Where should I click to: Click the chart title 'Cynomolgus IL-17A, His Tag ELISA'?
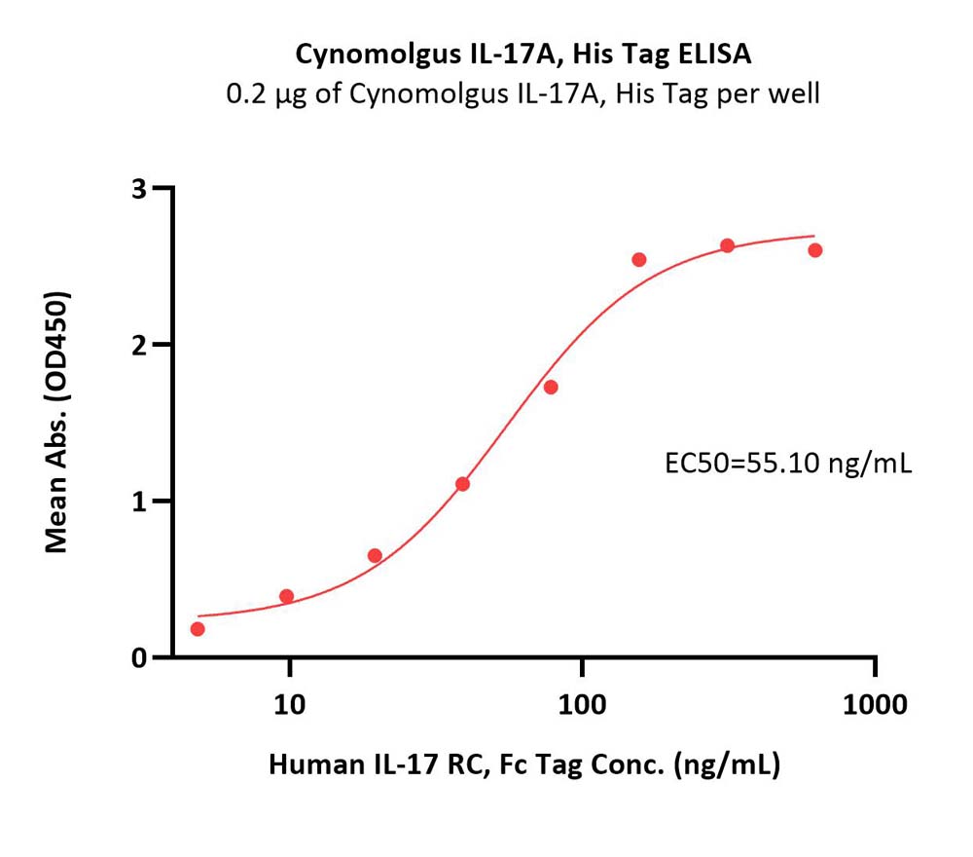[523, 55]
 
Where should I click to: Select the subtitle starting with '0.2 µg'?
[523, 94]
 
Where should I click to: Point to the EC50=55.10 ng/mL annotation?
[788, 464]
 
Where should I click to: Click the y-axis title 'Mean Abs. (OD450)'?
[56, 422]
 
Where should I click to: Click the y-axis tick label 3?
[139, 189]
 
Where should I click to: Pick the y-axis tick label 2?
[139, 346]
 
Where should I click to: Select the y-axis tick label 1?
[139, 503]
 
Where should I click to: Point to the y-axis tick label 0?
[139, 658]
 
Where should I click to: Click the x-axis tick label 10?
[289, 705]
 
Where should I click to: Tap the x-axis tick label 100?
[582, 705]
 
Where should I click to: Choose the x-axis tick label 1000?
[875, 705]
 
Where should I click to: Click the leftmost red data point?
[198, 629]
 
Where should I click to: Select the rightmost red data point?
[815, 250]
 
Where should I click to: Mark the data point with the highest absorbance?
[727, 245]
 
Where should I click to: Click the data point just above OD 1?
[462, 484]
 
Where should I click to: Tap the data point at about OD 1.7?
[551, 387]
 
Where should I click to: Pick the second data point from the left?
[286, 596]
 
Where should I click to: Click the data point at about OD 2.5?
[639, 260]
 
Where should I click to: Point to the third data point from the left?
[375, 555]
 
